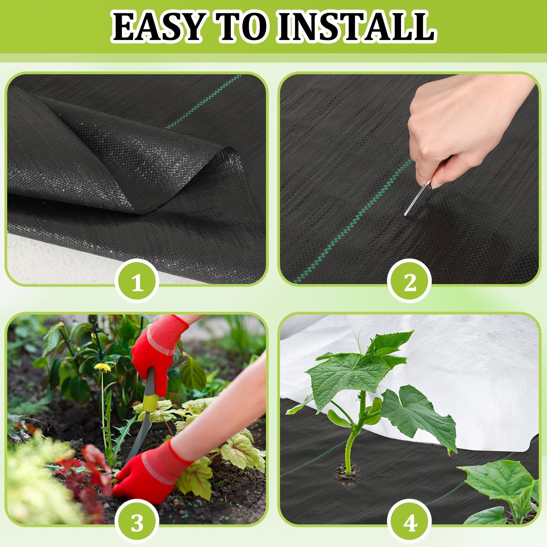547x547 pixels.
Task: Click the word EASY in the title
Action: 158,27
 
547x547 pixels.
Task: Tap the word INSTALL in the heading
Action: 357,27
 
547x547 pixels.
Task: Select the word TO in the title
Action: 241,27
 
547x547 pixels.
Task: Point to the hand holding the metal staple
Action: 468,126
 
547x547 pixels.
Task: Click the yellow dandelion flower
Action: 103,367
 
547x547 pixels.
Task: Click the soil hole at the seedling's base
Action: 347,474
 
